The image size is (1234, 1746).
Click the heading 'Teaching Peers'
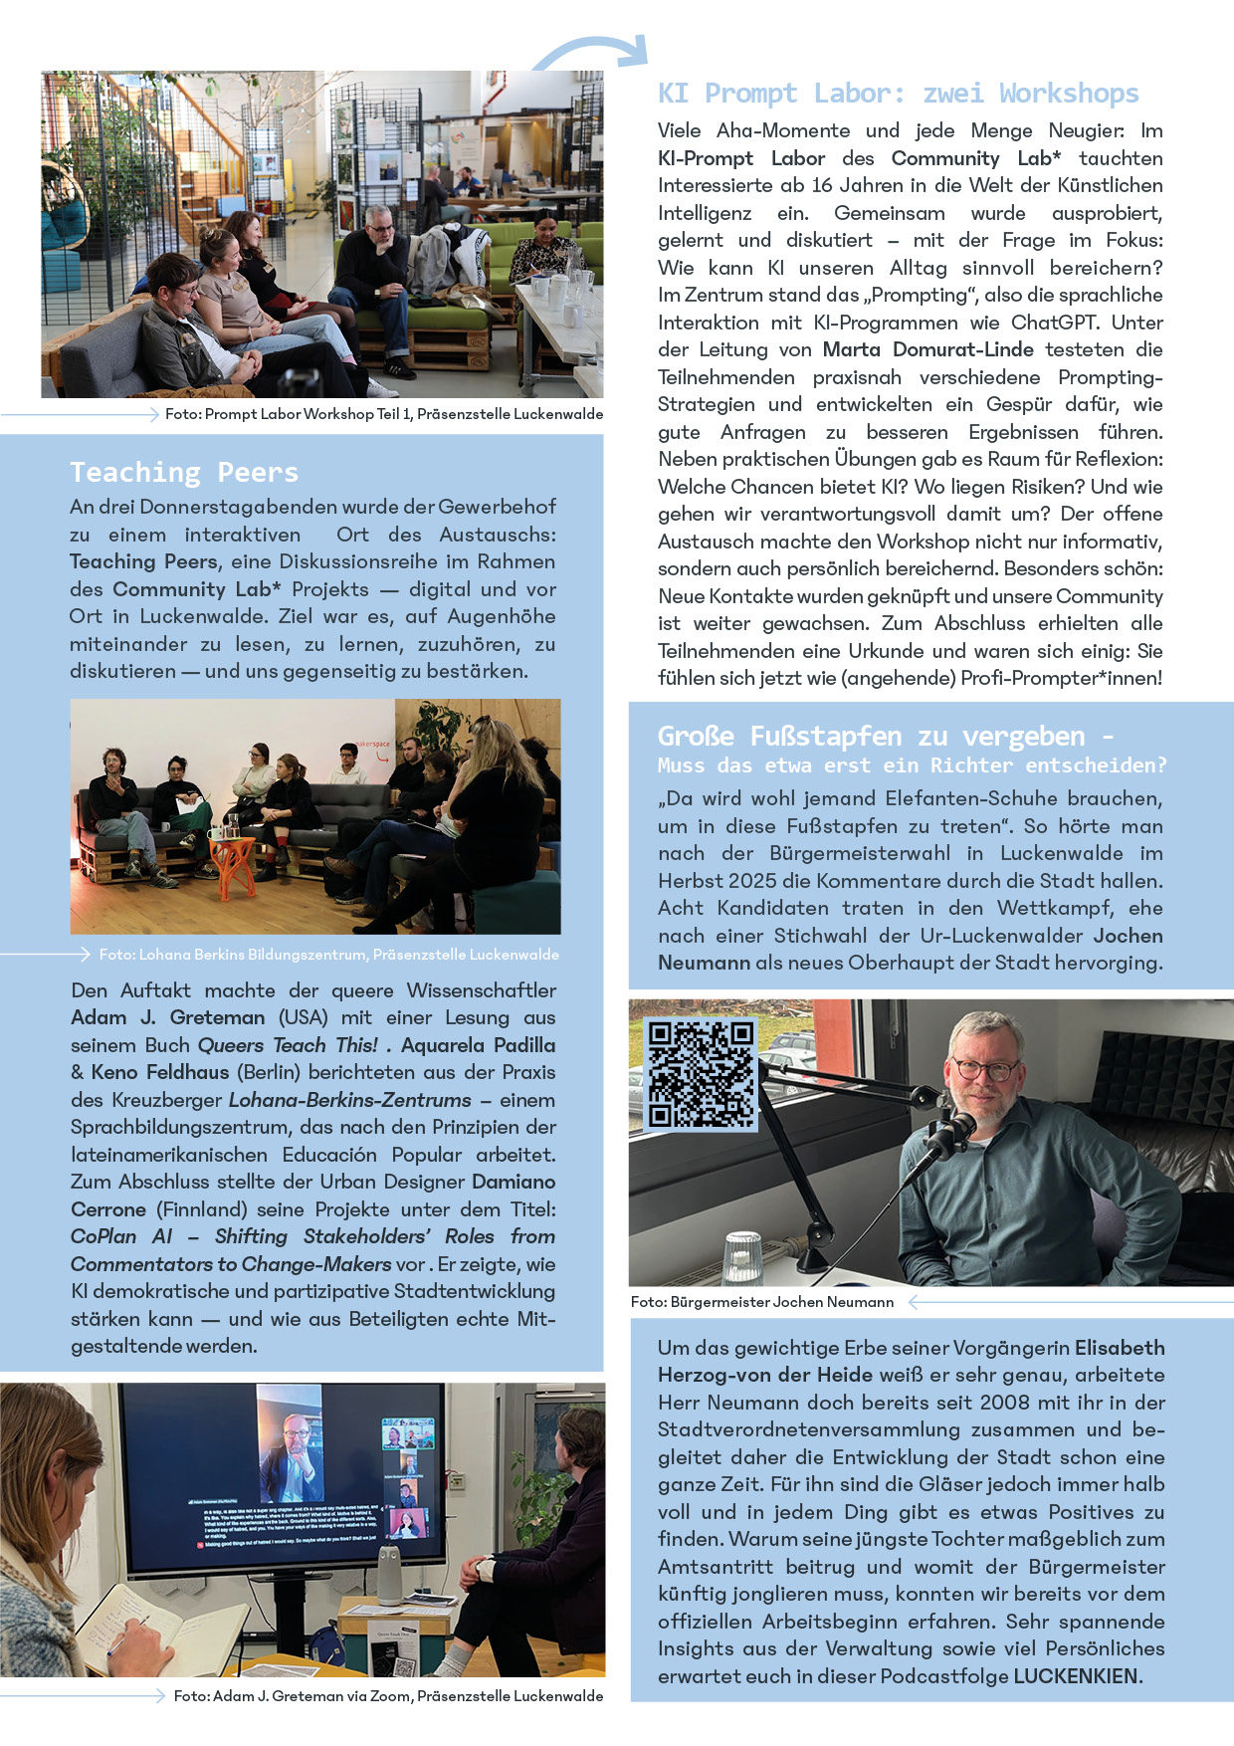point(184,472)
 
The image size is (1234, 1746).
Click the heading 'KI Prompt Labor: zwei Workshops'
point(898,94)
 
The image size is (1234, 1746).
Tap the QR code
point(701,1073)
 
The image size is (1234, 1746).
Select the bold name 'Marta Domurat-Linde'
point(927,350)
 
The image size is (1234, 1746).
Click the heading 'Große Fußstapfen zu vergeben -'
point(885,737)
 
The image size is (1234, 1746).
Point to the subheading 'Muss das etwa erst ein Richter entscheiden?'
point(912,765)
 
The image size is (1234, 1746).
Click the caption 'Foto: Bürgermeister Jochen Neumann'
point(762,1302)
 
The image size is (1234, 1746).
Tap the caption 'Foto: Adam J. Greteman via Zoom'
point(388,1696)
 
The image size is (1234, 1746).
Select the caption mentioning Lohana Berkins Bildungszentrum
point(328,955)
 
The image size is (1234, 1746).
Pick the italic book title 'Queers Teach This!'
point(288,1046)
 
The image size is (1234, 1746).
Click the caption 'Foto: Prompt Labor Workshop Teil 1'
point(384,414)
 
